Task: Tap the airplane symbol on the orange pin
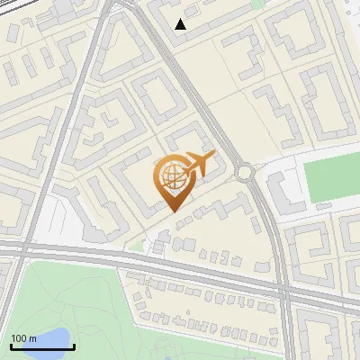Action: click(x=198, y=164)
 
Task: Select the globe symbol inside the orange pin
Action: click(x=171, y=179)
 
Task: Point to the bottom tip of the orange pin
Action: click(x=171, y=211)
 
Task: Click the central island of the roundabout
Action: click(x=243, y=171)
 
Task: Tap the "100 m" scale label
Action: click(x=23, y=338)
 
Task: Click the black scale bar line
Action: click(x=41, y=346)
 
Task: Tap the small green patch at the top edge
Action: click(x=259, y=4)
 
